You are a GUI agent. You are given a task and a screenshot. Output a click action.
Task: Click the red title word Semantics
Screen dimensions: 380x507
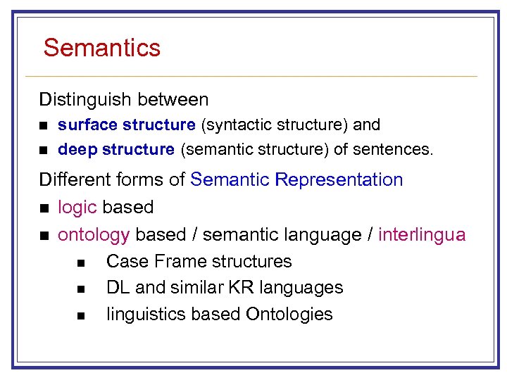pyautogui.click(x=102, y=48)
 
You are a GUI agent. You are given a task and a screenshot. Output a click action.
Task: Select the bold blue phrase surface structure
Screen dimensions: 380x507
pyautogui.click(x=127, y=125)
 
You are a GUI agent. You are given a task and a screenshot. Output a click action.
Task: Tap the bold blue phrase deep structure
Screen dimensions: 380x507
pyautogui.click(x=116, y=149)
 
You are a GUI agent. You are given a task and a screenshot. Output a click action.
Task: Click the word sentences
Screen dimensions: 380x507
pyautogui.click(x=402, y=149)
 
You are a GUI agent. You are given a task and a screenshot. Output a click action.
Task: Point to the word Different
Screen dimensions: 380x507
pyautogui.click(x=70, y=180)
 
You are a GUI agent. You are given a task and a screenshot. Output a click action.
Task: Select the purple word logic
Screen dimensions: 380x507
pyautogui.click(x=77, y=208)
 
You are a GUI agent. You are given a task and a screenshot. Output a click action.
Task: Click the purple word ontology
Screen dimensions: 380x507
pyautogui.click(x=94, y=234)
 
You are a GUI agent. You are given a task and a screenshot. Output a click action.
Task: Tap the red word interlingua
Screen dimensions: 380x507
pyautogui.click(x=422, y=234)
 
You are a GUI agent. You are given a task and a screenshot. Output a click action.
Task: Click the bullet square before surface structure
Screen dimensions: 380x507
pyautogui.click(x=44, y=126)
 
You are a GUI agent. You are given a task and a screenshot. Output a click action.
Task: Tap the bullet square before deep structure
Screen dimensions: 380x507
pyautogui.click(x=44, y=150)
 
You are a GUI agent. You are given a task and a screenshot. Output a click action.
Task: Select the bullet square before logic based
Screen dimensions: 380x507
pyautogui.click(x=44, y=208)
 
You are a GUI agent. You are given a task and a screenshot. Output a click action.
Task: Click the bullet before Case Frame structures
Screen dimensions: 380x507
pyautogui.click(x=81, y=262)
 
